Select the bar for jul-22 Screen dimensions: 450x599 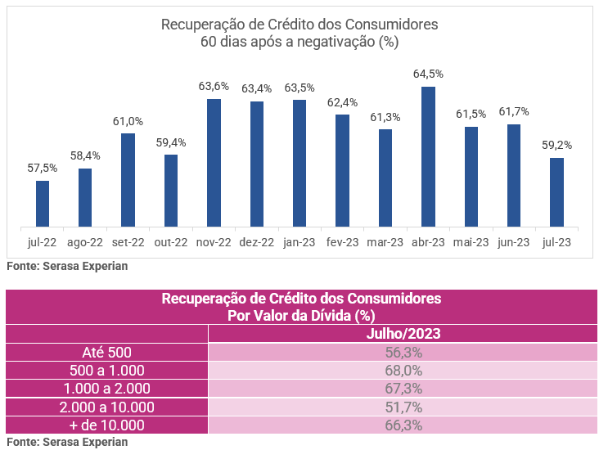pyautogui.click(x=43, y=204)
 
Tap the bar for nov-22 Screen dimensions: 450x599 pyautogui.click(x=214, y=163)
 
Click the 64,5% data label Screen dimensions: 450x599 pyautogui.click(x=428, y=74)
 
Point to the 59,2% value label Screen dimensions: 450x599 pyautogui.click(x=556, y=145)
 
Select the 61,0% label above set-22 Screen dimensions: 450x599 pyautogui.click(x=128, y=121)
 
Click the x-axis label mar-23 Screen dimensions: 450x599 pyautogui.click(x=385, y=242)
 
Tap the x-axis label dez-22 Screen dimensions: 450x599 pyautogui.click(x=256, y=242)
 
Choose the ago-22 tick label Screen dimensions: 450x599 pyautogui.click(x=85, y=242)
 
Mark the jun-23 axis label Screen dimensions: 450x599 pyautogui.click(x=514, y=242)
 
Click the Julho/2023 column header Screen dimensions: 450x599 pyautogui.click(x=403, y=334)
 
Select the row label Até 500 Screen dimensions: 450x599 pyautogui.click(x=106, y=353)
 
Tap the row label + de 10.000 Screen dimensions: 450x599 pyautogui.click(x=106, y=425)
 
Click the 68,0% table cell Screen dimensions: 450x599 pyautogui.click(x=403, y=371)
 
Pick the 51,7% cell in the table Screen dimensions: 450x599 pyautogui.click(x=403, y=407)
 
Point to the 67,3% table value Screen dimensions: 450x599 pyautogui.click(x=403, y=389)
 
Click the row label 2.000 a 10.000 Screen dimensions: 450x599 pyautogui.click(x=106, y=407)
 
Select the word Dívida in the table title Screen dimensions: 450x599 pyautogui.click(x=332, y=314)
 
